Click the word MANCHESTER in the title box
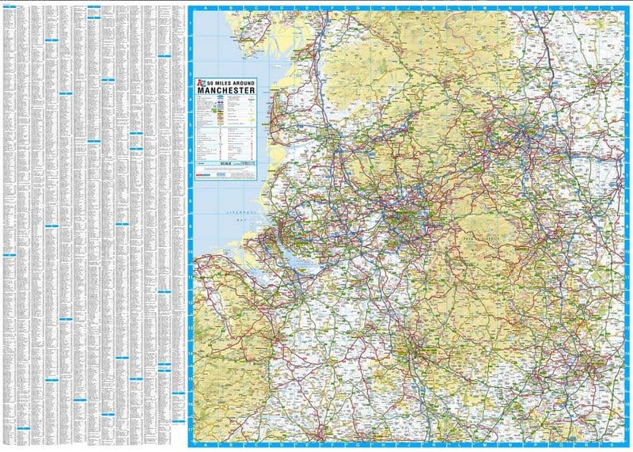tap(226, 93)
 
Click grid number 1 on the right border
tap(626, 24)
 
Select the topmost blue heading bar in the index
tap(93, 7)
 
